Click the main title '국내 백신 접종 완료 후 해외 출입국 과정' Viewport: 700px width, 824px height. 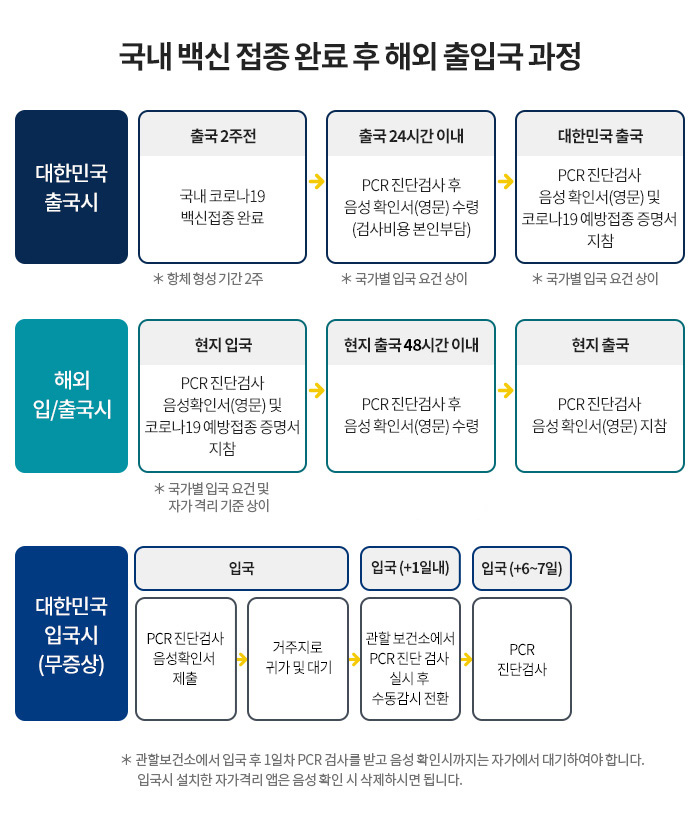coord(350,56)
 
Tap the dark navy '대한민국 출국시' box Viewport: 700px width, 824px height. coord(71,187)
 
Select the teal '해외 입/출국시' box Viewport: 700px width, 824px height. coord(71,396)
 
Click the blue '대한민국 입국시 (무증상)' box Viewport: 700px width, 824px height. coord(71,633)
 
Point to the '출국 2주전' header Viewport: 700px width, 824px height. coord(223,136)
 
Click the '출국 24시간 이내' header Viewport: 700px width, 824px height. coord(411,136)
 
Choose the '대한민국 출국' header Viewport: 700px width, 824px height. coord(600,136)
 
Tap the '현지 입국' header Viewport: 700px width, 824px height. coord(223,345)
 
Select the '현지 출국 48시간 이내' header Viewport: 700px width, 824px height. coord(411,345)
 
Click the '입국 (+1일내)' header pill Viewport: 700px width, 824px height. coord(410,568)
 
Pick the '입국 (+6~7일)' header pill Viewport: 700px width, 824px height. coord(522,568)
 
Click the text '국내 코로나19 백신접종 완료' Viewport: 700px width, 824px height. coord(222,207)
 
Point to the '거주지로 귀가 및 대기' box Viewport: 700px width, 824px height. coord(298,658)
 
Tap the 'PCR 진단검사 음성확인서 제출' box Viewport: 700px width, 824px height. coord(186,658)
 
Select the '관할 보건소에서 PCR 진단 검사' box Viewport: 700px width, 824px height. coord(410,658)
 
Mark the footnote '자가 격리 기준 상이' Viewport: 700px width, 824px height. coord(219,506)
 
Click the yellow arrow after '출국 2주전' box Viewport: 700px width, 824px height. coord(316,181)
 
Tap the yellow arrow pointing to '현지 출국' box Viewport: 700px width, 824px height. coord(506,390)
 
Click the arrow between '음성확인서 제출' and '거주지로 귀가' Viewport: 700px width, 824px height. coord(242,659)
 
